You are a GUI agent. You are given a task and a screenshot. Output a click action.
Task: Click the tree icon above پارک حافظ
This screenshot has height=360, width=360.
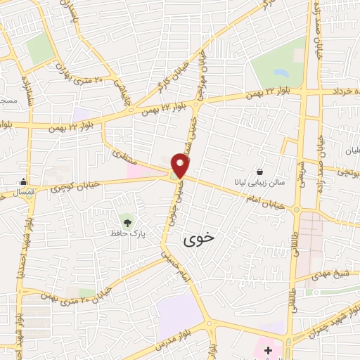(x=127, y=221)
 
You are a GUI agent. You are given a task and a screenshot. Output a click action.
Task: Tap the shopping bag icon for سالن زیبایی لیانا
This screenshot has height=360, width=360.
(x=260, y=172)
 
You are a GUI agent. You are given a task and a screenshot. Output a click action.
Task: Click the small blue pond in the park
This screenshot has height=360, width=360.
(x=281, y=72)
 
